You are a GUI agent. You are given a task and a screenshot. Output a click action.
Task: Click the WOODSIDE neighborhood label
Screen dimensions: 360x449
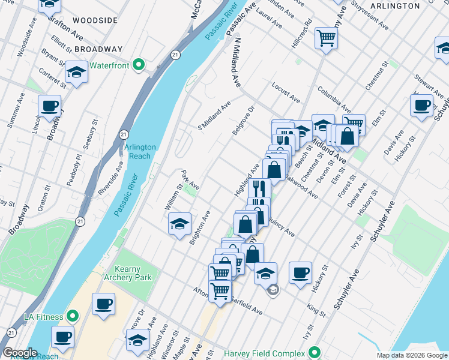pos(95,20)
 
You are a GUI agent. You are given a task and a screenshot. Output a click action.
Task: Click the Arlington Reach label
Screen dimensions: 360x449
pos(140,151)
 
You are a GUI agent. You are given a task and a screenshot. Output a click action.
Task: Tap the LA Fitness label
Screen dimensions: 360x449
pos(44,316)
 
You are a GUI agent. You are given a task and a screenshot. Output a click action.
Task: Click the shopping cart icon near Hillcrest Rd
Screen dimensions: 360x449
pos(326,38)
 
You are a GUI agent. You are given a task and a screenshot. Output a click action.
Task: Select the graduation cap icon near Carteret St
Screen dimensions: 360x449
pos(76,73)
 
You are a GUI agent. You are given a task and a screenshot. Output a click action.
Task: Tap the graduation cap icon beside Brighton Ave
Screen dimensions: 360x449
pos(179,224)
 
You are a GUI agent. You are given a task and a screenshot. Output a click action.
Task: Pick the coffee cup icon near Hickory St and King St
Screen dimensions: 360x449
pos(301,272)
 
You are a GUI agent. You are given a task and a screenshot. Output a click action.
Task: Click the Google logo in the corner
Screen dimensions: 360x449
pos(20,353)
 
